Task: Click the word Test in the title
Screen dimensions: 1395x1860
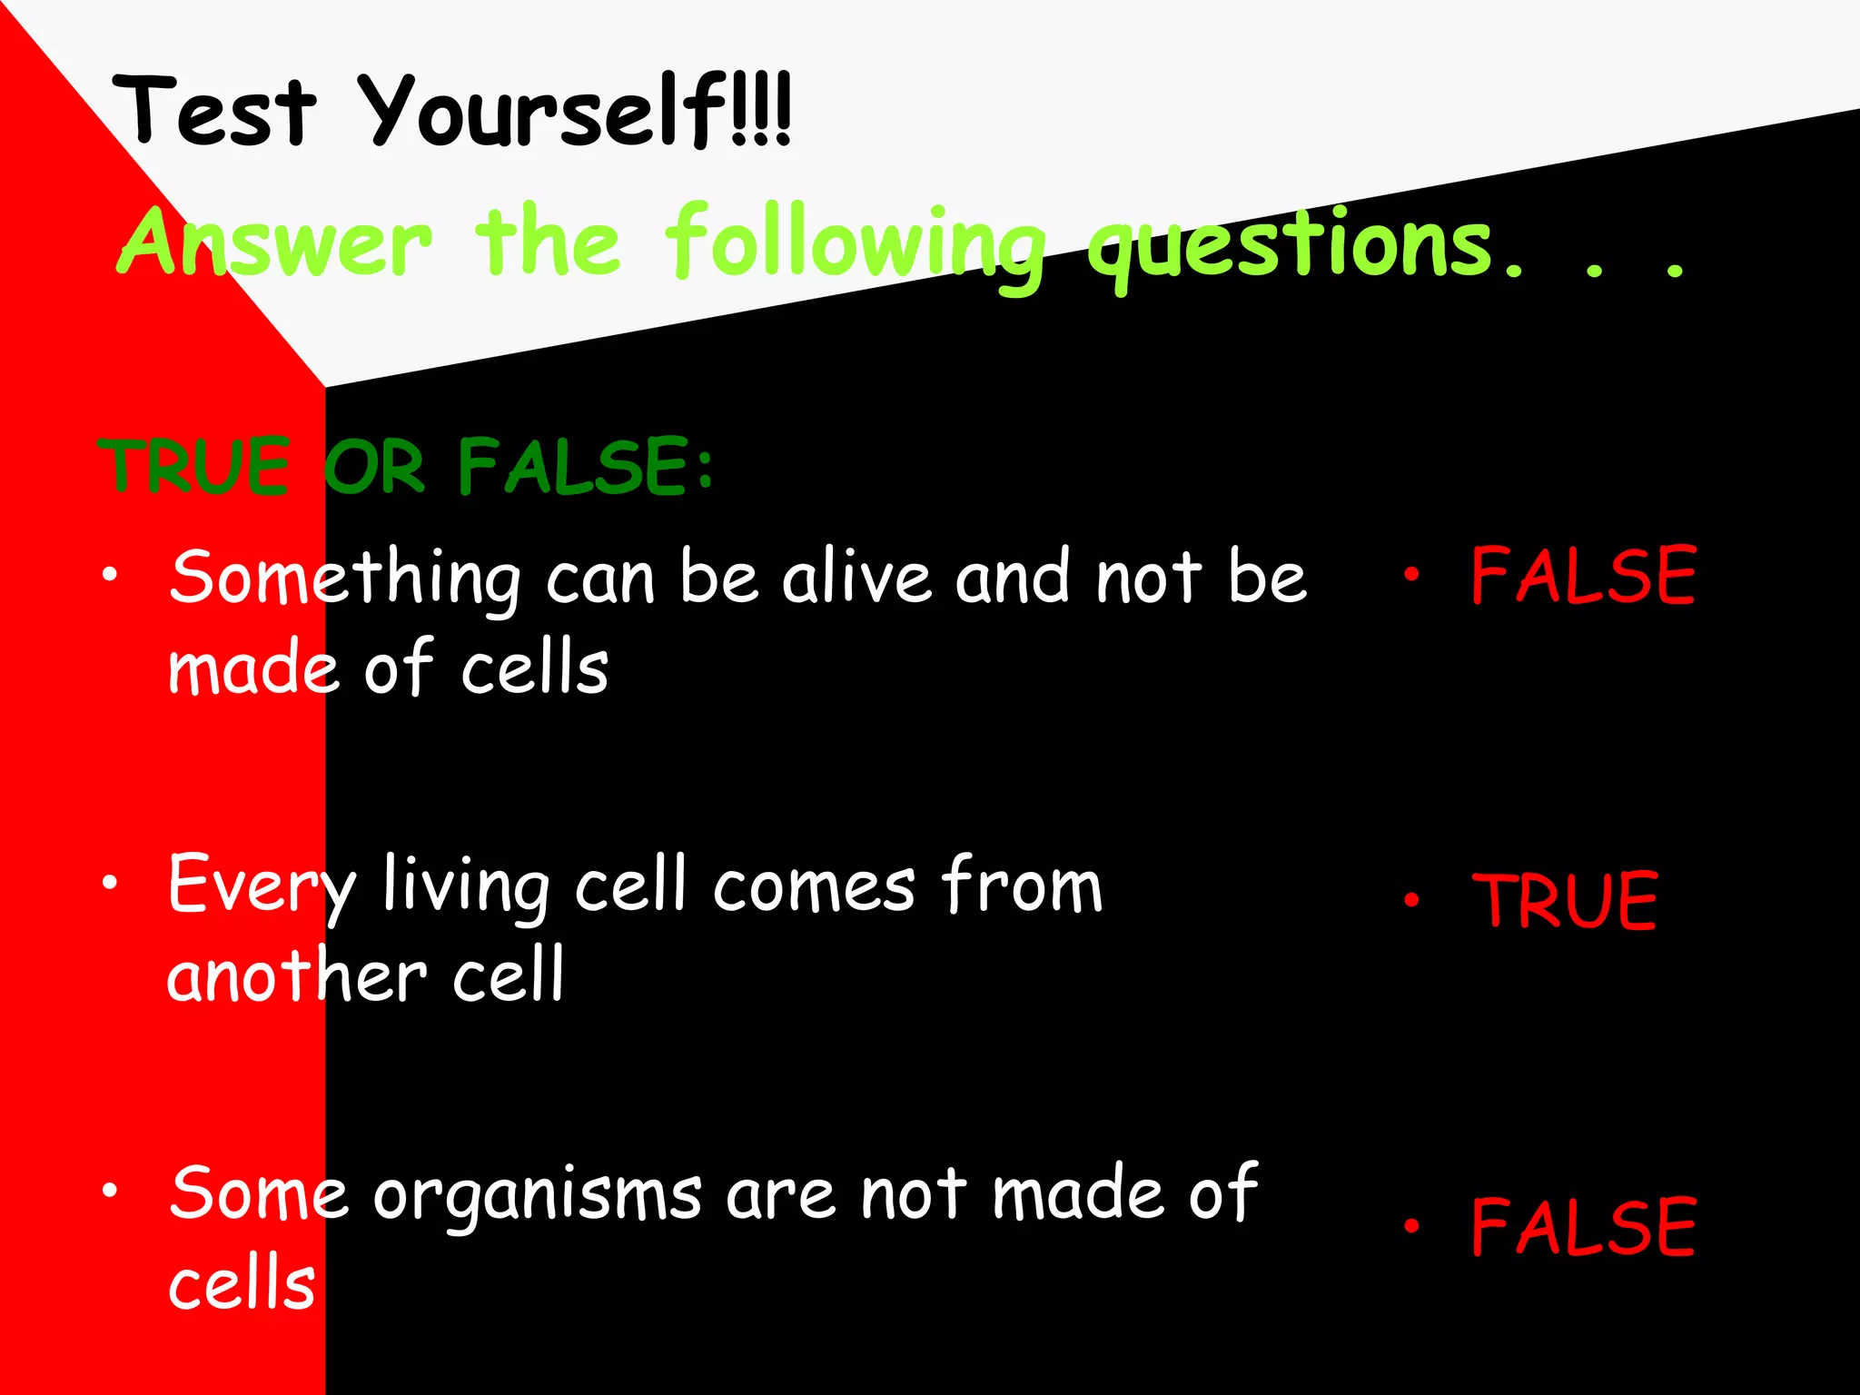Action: (x=215, y=113)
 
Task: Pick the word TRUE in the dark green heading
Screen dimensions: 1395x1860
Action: (x=194, y=467)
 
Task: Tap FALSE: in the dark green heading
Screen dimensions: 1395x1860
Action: (x=586, y=467)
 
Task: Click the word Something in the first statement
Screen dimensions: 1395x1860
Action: (x=345, y=579)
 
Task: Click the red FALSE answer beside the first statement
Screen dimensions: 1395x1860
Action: (x=1583, y=576)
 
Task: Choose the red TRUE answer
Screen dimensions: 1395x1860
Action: (x=1565, y=901)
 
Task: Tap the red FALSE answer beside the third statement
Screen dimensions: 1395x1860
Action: (x=1583, y=1228)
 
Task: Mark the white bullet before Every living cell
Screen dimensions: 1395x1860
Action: (x=110, y=881)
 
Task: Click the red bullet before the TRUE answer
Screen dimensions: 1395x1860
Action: (x=1410, y=899)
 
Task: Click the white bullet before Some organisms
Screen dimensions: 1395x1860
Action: (x=110, y=1190)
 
